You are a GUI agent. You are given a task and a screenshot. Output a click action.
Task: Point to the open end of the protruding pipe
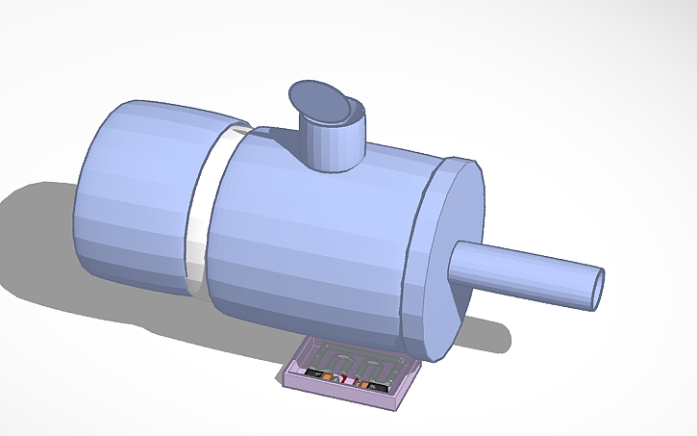point(598,289)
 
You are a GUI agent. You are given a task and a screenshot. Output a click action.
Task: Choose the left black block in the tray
point(314,372)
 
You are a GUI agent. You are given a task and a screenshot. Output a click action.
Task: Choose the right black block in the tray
point(379,387)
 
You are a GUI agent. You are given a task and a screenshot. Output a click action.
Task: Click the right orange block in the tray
point(364,384)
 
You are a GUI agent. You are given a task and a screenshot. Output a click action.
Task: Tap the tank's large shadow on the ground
point(58,241)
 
